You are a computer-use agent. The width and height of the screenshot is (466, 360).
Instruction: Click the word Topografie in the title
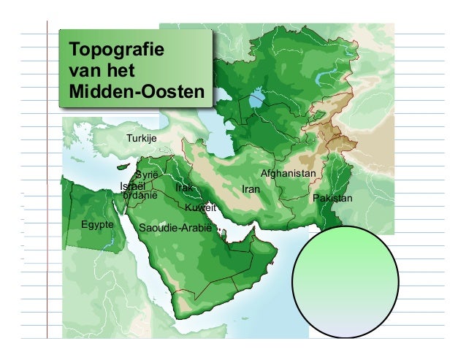pos(115,51)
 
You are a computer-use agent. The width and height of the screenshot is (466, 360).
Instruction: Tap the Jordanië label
pos(140,196)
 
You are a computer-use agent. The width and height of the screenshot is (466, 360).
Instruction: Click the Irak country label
pos(184,188)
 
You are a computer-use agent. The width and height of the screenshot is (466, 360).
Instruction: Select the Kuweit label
pos(201,208)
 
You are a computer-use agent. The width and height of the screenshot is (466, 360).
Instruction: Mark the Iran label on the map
pos(251,189)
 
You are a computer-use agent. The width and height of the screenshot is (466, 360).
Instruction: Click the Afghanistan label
pos(288,173)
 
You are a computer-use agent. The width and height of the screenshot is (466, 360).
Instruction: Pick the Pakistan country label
pos(332,199)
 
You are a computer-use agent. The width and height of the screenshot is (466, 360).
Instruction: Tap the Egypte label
pos(97,224)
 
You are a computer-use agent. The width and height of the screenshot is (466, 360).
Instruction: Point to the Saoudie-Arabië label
pos(175,229)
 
